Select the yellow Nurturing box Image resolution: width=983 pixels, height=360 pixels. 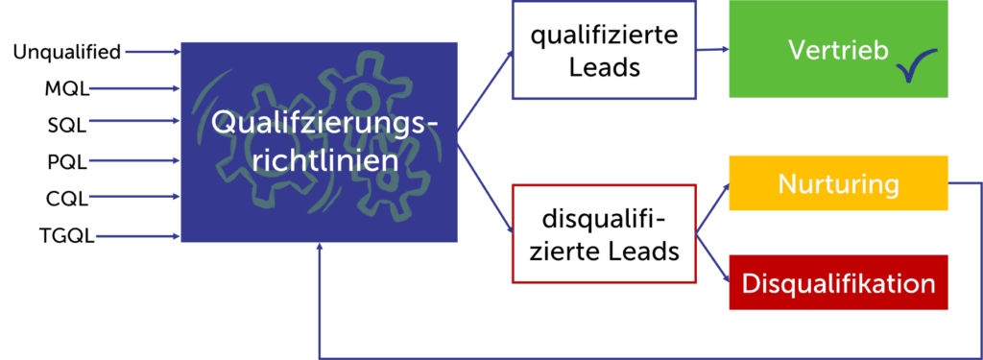pos(838,182)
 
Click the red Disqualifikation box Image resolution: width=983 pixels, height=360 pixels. pos(838,283)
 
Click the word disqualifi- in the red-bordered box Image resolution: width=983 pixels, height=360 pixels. pos(605,219)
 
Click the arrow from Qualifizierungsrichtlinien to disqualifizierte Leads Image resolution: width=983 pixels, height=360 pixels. pos(485,187)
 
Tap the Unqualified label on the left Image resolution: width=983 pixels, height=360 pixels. pos(67,51)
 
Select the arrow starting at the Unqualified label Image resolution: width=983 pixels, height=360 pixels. pos(154,51)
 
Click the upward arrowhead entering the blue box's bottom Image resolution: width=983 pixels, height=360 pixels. pos(319,249)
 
